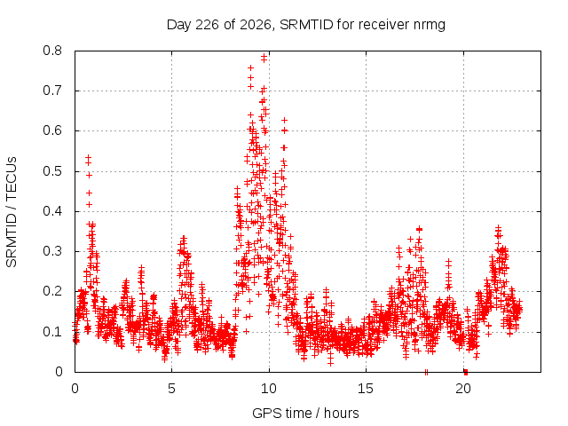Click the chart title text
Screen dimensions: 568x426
[305, 25]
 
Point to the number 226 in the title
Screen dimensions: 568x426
[207, 25]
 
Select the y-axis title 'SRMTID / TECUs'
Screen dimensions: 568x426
[12, 212]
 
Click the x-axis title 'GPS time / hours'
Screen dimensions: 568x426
[305, 413]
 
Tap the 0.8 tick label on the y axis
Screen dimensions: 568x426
[52, 51]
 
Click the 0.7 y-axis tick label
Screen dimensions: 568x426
[52, 91]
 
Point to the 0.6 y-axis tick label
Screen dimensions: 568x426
[52, 130]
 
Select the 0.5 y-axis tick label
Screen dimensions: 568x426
[52, 171]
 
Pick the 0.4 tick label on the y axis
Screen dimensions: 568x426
[52, 211]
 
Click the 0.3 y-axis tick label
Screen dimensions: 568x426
[52, 251]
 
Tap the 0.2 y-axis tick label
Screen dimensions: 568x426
[52, 291]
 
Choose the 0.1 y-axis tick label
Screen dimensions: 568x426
[52, 331]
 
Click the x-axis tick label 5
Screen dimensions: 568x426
[171, 389]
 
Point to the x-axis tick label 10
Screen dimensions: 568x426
[269, 389]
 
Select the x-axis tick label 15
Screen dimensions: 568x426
[366, 389]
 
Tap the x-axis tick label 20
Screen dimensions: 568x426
[463, 389]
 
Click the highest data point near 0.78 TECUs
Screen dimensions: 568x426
[264, 56]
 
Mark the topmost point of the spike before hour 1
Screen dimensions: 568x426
[88, 158]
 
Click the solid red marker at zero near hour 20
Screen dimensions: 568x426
[466, 372]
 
